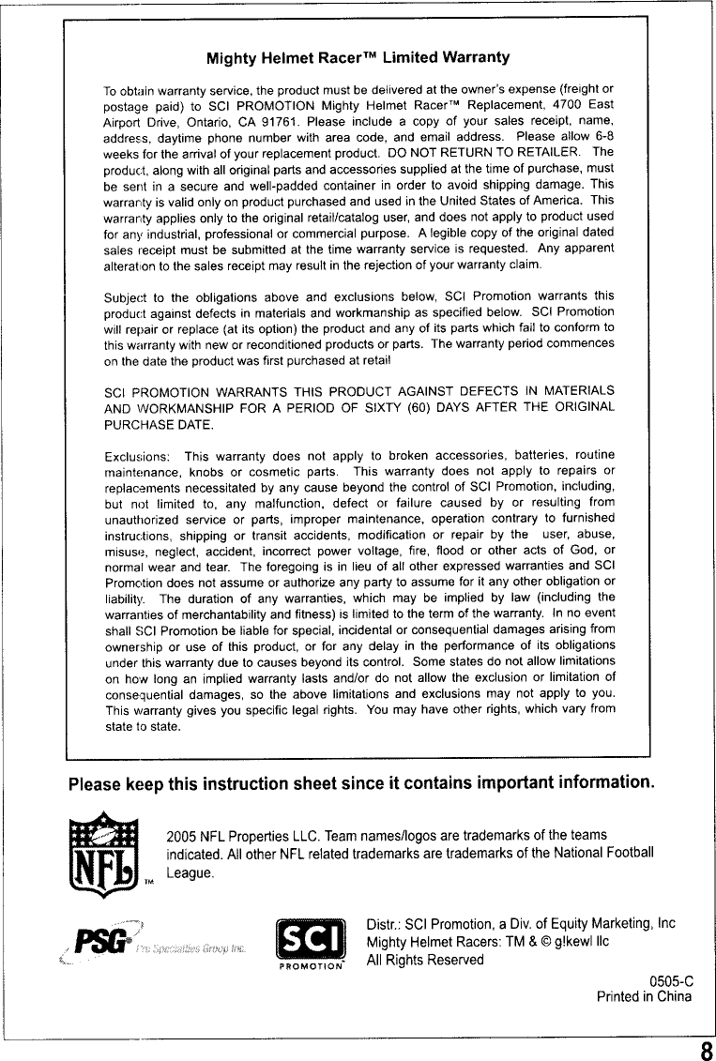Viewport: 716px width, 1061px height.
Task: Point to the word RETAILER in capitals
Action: tap(538, 151)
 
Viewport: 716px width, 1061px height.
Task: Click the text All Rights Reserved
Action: tap(424, 960)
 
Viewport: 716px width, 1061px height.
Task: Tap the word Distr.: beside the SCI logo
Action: tap(384, 924)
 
